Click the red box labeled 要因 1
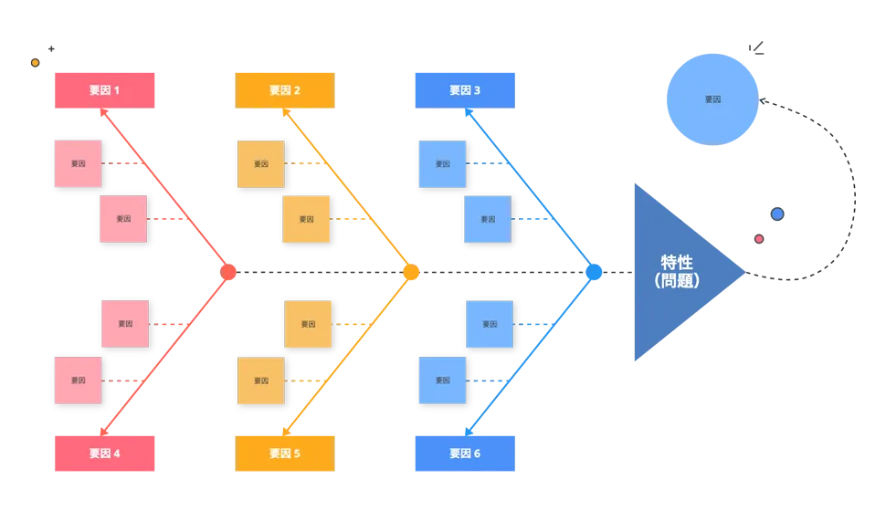105,90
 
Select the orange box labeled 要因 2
285,90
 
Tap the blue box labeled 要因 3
465,90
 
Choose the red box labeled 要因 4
105,453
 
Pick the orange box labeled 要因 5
285,453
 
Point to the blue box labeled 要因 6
465,453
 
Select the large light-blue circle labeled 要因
712,99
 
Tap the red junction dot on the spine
228,272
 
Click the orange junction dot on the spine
412,272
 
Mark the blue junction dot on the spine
594,272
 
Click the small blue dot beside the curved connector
777,214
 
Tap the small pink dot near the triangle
758,239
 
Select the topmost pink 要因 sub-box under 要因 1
78,163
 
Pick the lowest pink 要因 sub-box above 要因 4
78,381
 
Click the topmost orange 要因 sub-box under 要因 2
260,164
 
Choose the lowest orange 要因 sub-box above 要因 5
260,381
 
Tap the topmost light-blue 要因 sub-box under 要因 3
442,164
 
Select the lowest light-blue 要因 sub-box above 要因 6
442,381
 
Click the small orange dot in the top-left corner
35,63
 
